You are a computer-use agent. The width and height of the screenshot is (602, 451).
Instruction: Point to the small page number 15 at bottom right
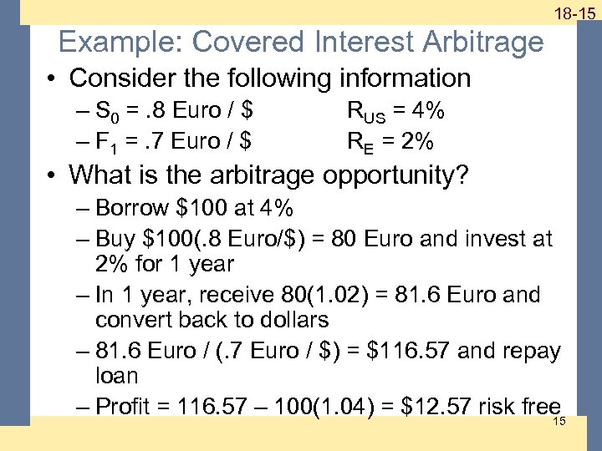click(559, 420)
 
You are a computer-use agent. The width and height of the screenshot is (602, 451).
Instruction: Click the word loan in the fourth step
click(116, 376)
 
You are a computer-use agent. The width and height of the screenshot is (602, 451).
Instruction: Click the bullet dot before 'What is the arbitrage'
click(53, 175)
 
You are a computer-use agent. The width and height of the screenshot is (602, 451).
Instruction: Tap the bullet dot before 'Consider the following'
click(53, 79)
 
